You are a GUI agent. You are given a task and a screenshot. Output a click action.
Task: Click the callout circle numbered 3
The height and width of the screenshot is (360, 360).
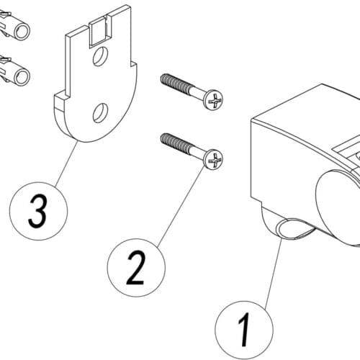point(38,211)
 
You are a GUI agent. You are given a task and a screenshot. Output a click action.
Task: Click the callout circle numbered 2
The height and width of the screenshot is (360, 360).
point(136,268)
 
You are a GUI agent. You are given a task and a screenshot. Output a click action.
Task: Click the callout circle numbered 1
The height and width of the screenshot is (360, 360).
point(244,330)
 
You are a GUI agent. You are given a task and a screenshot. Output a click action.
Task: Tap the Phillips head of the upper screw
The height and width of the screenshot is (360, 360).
point(213,100)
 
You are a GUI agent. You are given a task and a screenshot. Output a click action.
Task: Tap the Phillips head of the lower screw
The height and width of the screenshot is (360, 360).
point(213,160)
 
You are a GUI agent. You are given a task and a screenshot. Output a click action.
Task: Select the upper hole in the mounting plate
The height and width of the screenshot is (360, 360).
point(100,56)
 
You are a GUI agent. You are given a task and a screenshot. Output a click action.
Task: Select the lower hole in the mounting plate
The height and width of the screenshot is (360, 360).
point(100,113)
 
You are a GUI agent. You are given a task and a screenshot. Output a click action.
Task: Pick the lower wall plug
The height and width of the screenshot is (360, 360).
point(14,71)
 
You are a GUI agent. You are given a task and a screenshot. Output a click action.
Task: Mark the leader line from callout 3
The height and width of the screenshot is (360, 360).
point(66,163)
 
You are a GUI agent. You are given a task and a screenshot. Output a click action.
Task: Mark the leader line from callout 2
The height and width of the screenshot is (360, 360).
point(181,207)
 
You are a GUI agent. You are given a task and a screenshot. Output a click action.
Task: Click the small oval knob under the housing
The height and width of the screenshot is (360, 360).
point(294,228)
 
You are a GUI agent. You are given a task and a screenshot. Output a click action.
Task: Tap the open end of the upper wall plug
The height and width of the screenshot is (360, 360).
point(22,31)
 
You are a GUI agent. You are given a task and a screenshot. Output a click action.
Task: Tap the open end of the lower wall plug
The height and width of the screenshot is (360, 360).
point(22,77)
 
